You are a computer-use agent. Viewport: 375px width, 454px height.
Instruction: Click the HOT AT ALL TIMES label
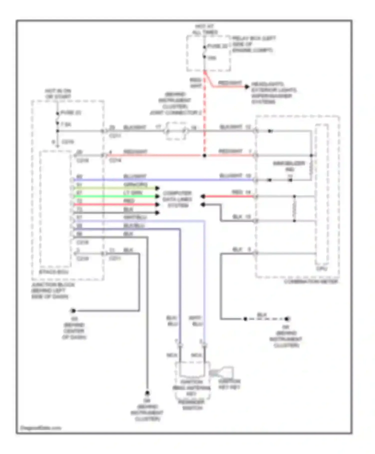click(204, 29)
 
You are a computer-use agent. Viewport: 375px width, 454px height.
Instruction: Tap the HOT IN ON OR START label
click(58, 94)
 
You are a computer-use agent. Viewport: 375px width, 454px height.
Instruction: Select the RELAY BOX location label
click(253, 44)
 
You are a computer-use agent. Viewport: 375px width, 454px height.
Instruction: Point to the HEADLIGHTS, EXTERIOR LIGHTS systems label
click(273, 93)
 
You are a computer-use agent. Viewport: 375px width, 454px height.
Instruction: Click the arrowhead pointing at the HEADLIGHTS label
click(247, 87)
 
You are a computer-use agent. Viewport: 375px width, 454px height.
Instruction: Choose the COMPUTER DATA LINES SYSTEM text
click(177, 199)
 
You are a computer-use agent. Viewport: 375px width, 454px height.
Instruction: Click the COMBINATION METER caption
click(311, 282)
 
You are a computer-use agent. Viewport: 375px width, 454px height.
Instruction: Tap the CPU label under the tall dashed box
click(321, 269)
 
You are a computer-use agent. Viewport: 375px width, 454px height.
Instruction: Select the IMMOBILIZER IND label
click(289, 166)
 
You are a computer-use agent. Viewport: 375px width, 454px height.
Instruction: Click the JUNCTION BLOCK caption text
click(53, 291)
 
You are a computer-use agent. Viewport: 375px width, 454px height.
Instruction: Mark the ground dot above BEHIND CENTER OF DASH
click(73, 311)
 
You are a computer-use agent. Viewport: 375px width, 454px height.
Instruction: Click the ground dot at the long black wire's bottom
click(147, 393)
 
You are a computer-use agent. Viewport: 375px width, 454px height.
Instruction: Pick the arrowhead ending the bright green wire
click(157, 196)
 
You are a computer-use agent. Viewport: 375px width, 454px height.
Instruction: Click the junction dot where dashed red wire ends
click(204, 155)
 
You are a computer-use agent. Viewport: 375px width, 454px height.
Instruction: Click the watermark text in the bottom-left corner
click(40, 428)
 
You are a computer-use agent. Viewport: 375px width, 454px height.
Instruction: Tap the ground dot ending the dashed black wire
click(287, 319)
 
